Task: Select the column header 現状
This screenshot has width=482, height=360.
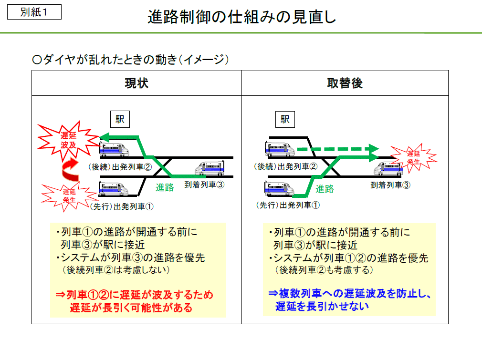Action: (136, 83)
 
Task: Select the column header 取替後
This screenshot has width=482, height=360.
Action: (345, 83)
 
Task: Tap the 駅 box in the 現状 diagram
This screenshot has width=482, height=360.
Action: (120, 119)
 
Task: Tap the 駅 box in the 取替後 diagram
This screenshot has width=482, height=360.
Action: (285, 119)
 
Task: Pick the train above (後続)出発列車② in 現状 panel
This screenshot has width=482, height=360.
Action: (114, 149)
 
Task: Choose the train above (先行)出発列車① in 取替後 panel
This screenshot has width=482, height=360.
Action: (279, 189)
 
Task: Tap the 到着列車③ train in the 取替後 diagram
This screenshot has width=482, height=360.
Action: (389, 167)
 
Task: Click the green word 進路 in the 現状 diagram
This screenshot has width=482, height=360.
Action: (165, 187)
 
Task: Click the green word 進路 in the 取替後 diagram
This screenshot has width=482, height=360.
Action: (325, 189)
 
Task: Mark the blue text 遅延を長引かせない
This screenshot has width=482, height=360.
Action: (322, 306)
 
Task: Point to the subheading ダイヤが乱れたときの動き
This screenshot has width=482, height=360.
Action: (131, 60)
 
